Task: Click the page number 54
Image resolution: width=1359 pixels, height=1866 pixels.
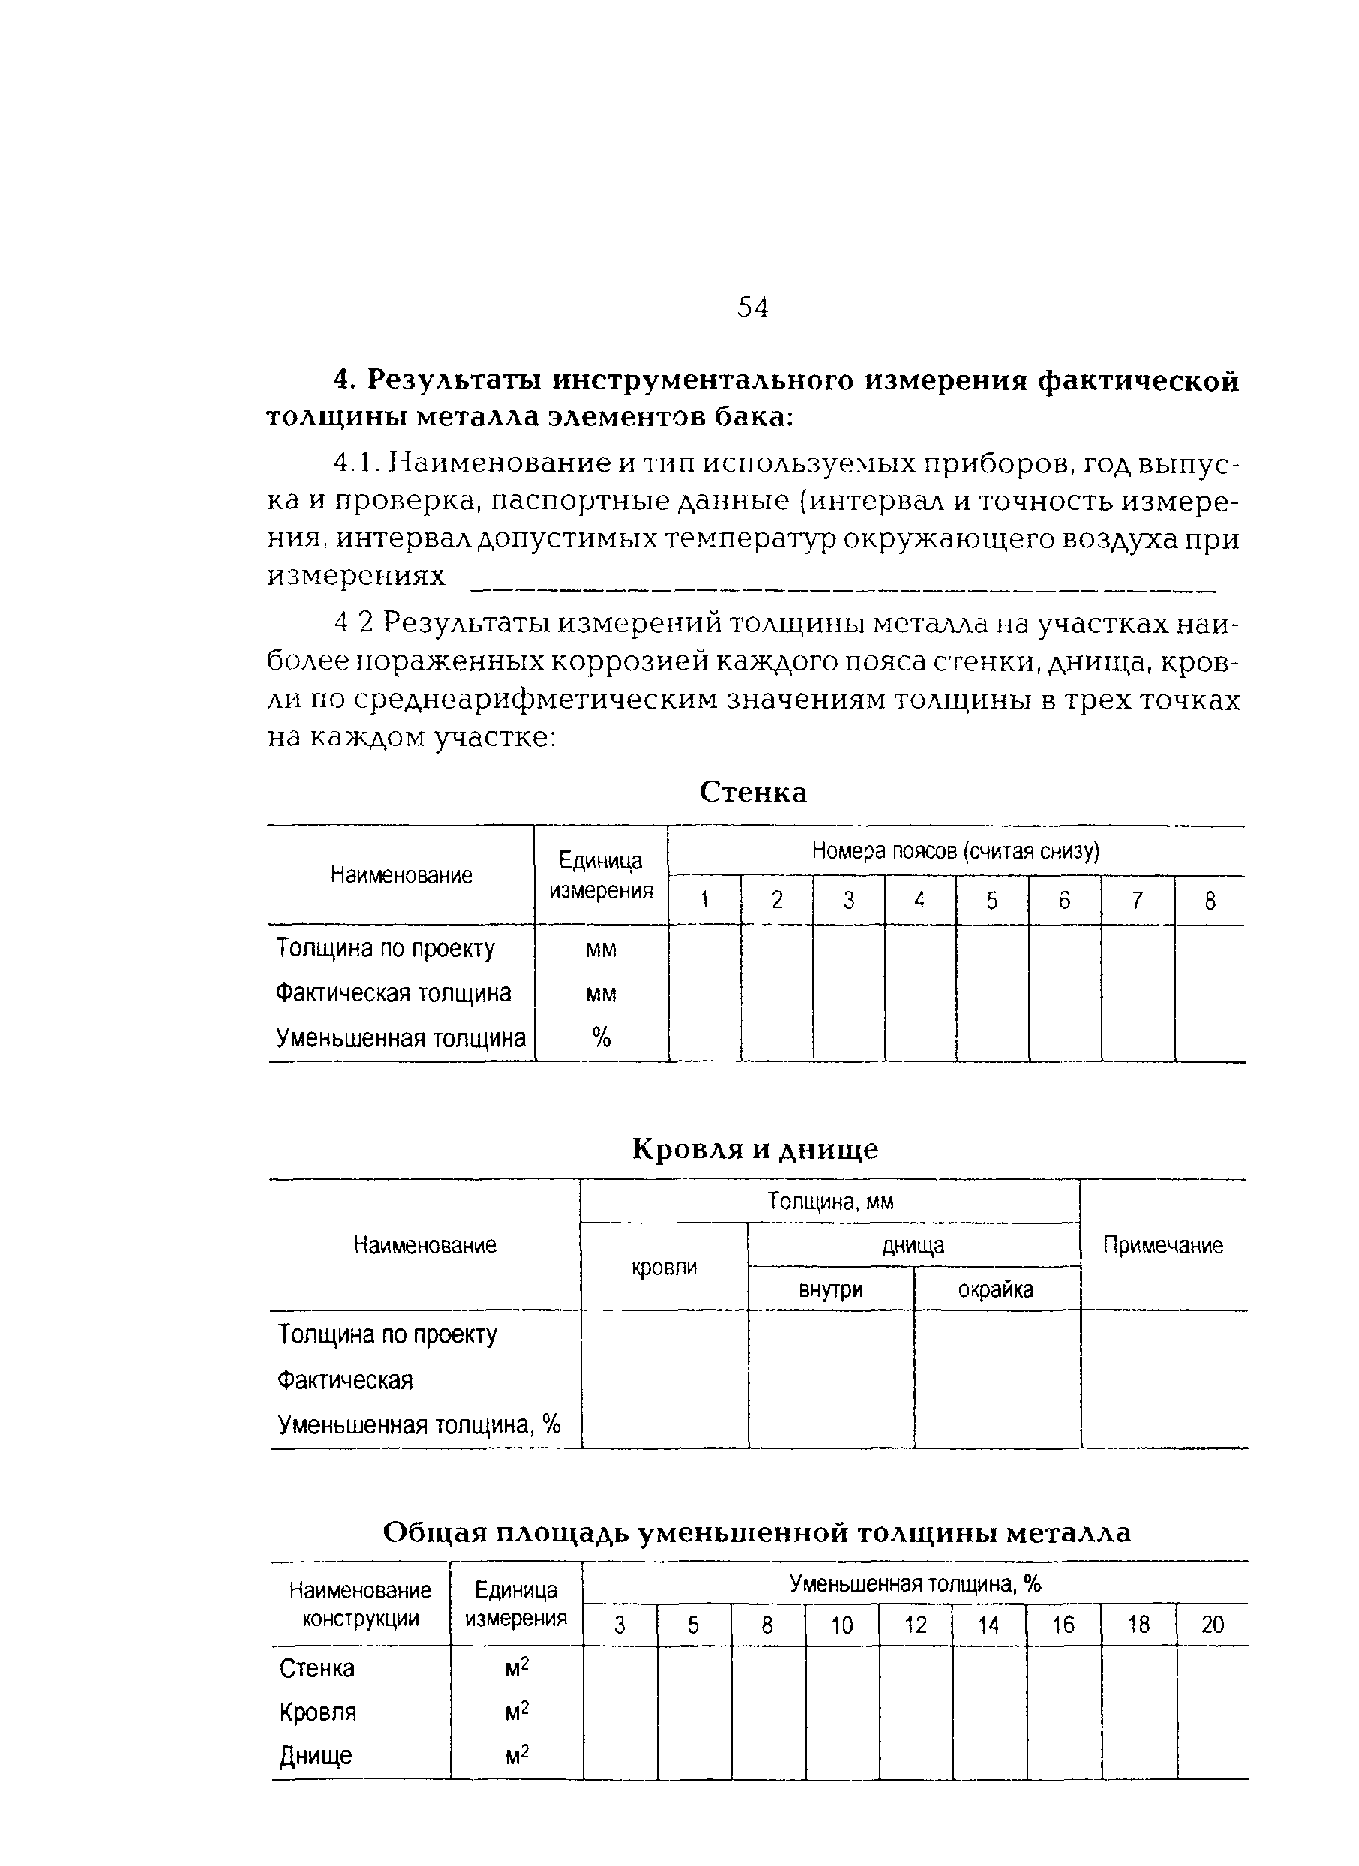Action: click(752, 307)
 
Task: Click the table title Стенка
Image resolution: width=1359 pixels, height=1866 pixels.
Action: click(753, 792)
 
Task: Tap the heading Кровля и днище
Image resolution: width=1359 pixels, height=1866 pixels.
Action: click(754, 1148)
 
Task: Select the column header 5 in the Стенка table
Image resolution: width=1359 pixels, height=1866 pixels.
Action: click(991, 901)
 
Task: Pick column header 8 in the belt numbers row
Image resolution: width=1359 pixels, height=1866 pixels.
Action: click(1209, 901)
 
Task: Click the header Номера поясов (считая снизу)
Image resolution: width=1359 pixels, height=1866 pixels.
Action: click(955, 850)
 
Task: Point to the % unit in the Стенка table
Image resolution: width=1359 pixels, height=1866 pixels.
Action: click(601, 1038)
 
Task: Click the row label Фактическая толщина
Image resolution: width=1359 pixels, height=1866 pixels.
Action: click(393, 993)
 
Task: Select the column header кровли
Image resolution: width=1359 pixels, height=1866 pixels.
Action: click(664, 1267)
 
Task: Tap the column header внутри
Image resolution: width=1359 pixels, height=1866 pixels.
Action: click(831, 1289)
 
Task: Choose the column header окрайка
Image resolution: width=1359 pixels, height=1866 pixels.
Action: click(995, 1289)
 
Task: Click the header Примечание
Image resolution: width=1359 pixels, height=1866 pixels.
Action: click(1162, 1245)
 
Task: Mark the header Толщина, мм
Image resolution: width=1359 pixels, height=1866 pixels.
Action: click(830, 1201)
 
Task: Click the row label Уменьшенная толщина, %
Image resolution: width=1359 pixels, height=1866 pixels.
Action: click(418, 1424)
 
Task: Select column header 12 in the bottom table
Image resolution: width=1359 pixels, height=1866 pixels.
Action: click(915, 1625)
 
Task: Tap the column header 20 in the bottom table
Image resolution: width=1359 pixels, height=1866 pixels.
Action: click(1213, 1625)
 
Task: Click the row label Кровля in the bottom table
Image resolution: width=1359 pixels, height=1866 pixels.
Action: click(317, 1712)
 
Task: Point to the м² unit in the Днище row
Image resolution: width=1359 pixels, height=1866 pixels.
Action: click(517, 1756)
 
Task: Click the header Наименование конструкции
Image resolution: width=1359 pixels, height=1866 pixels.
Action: click(360, 1604)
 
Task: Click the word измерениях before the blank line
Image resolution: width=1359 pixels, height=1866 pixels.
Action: click(356, 576)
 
